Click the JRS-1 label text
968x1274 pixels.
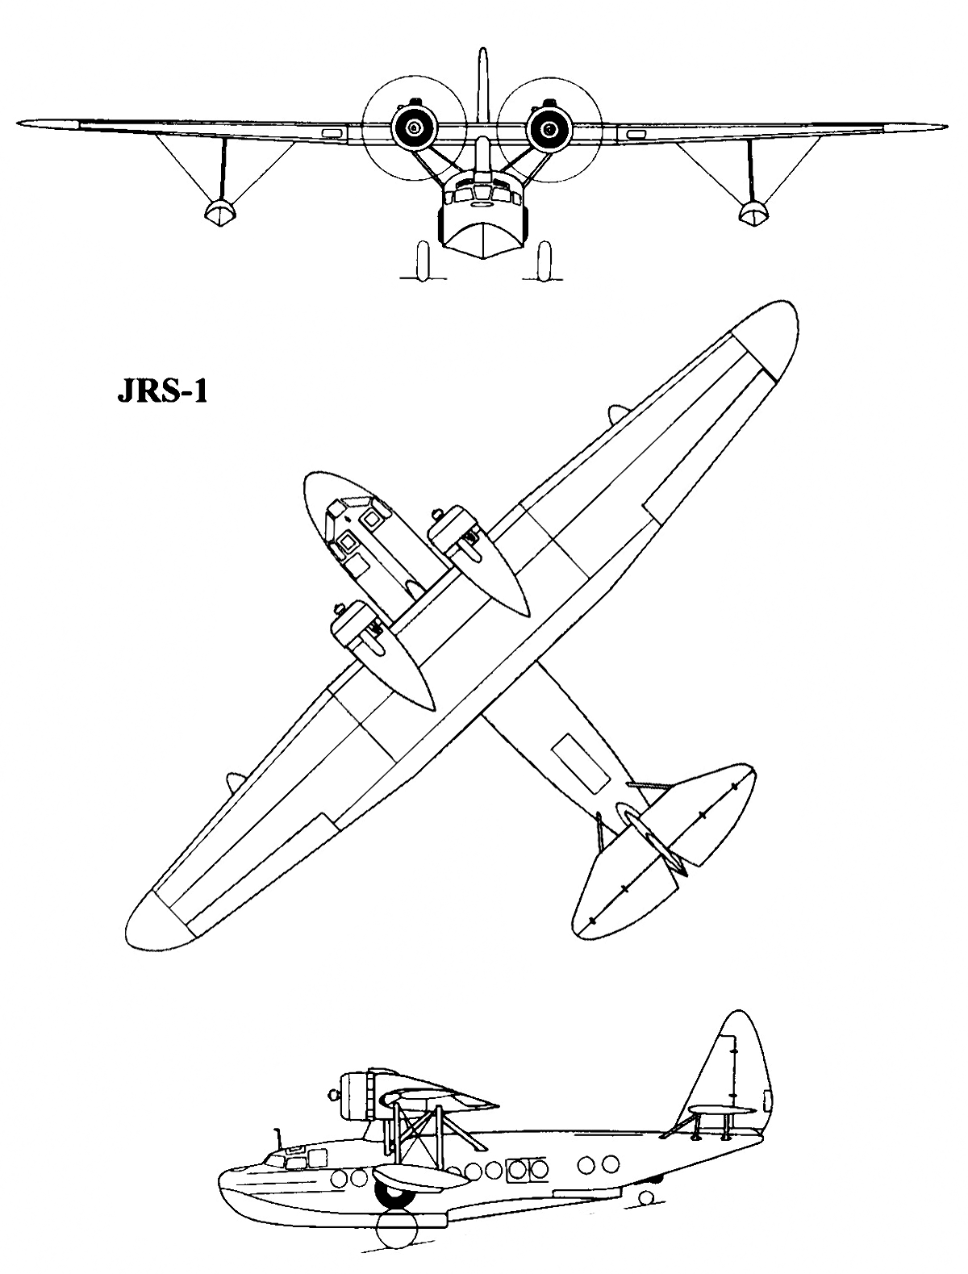162,392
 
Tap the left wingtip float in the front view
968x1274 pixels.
220,212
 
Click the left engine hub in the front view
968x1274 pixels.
413,127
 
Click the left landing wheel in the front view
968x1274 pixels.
422,261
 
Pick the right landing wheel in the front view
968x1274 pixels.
544,261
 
